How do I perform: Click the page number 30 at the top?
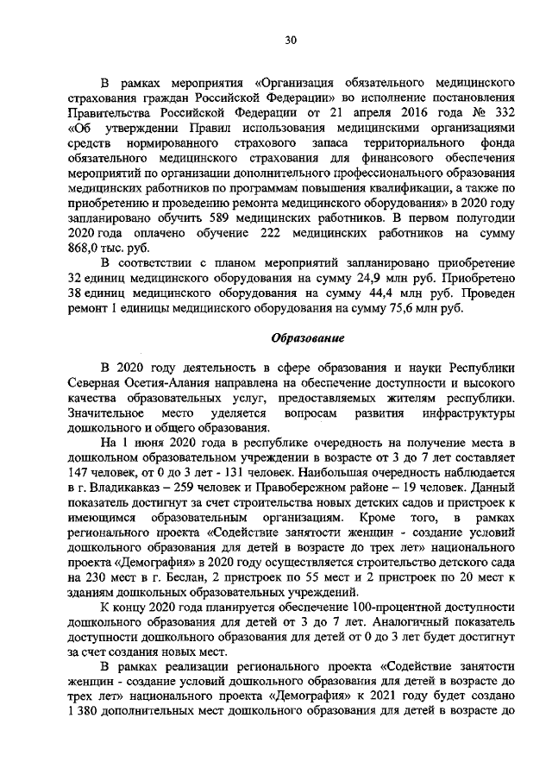point(290,39)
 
